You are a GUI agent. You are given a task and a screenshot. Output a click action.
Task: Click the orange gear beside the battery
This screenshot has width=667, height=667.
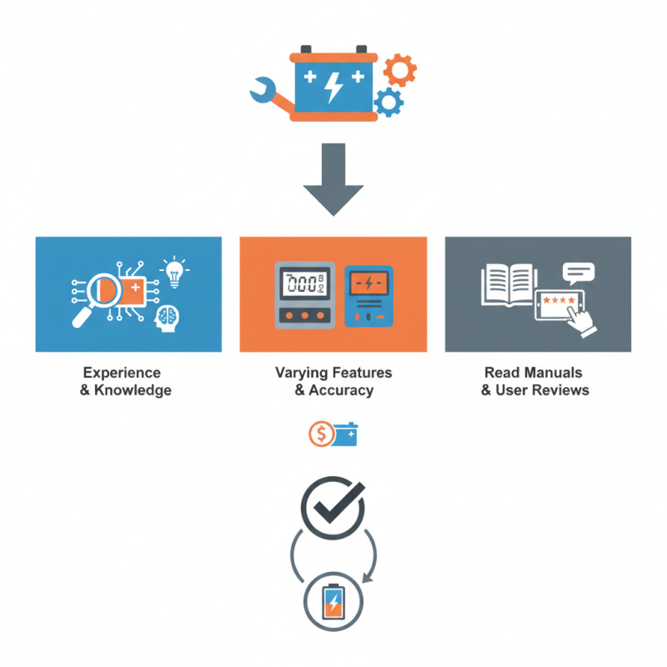coord(400,70)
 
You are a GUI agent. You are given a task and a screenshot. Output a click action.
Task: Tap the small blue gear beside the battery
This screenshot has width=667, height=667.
coord(389,102)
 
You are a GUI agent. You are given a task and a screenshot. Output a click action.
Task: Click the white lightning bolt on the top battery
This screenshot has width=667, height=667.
coord(333,84)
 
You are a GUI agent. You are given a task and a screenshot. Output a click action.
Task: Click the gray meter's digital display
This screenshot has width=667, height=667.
coord(302,283)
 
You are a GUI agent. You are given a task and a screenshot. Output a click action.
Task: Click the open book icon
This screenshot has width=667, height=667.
coord(507,283)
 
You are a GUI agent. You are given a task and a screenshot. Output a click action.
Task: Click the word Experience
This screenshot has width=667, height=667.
coord(122,373)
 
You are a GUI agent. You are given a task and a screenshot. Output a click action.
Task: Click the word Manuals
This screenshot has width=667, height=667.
coord(550,373)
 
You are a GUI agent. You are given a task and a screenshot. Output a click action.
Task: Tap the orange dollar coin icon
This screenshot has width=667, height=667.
coord(320,434)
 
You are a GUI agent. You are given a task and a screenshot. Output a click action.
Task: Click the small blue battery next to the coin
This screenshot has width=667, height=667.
coord(346,434)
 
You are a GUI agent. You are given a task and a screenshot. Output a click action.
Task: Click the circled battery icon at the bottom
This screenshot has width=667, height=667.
coord(333,601)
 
